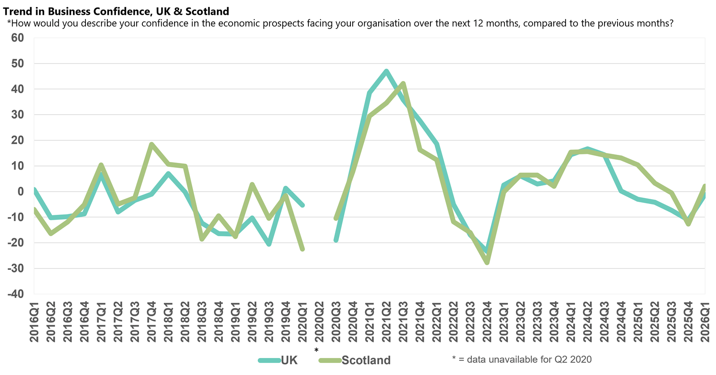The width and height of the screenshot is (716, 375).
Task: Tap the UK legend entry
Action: tap(289, 360)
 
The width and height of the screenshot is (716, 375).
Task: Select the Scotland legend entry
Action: tap(366, 360)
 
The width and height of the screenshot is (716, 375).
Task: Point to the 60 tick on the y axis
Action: tap(17, 38)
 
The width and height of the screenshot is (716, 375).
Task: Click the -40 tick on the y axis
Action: tap(16, 294)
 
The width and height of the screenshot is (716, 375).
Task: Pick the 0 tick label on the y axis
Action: tap(20, 192)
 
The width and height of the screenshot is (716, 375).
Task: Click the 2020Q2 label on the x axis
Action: tap(319, 322)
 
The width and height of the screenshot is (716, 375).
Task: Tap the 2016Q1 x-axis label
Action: tap(34, 322)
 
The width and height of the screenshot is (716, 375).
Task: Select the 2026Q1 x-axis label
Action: tap(705, 322)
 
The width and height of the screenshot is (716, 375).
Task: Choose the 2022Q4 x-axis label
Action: tap(487, 322)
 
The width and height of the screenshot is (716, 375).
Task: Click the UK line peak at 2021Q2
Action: tap(386, 71)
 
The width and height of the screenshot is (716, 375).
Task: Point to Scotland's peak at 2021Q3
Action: tap(403, 83)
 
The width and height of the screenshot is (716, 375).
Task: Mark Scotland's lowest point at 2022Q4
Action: tap(487, 263)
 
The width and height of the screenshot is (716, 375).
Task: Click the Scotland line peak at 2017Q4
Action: tap(151, 144)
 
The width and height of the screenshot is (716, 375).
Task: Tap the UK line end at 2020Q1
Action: tap(303, 205)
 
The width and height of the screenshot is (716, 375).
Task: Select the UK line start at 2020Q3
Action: tap(336, 240)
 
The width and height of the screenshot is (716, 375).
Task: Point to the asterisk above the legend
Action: tap(316, 350)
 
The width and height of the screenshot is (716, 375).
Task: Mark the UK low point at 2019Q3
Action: tap(269, 244)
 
